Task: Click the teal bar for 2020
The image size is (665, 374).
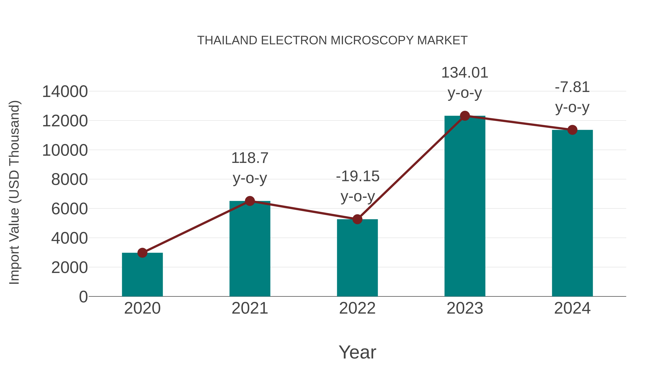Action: point(142,275)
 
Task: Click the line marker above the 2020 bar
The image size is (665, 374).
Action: point(142,253)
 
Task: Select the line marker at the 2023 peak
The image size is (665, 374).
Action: point(465,116)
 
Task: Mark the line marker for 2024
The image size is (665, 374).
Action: point(572,130)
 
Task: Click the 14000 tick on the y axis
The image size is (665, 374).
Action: point(65,92)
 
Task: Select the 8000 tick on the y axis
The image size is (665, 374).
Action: point(69,180)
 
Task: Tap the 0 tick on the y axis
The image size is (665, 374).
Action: point(83,297)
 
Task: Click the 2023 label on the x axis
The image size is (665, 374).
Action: point(465,308)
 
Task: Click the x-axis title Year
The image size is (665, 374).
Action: point(357,352)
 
